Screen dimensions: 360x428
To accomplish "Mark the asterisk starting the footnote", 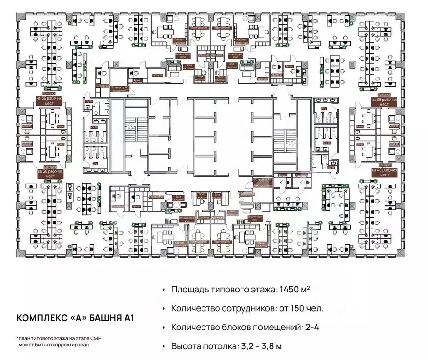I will (x=17, y=337).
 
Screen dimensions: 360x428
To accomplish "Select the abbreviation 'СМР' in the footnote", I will (x=82, y=338).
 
